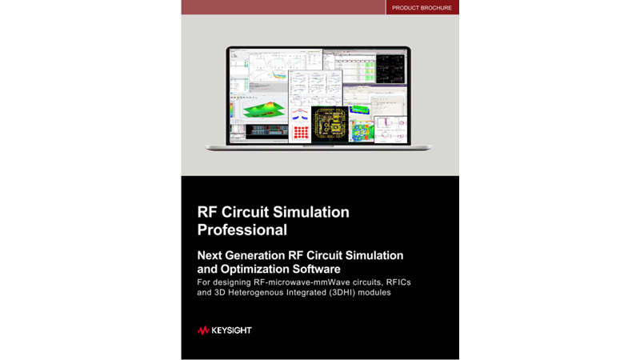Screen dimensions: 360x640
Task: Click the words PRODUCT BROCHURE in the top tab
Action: pos(422,8)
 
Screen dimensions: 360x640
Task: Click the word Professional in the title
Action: pos(242,230)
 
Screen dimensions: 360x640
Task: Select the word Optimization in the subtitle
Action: pos(262,269)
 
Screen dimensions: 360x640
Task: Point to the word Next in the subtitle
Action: pos(211,255)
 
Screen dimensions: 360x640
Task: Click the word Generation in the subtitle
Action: pos(264,255)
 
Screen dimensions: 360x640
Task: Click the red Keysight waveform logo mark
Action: pos(203,330)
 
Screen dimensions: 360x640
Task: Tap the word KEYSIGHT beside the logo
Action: pos(231,330)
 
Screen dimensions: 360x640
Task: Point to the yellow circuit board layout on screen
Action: pos(330,125)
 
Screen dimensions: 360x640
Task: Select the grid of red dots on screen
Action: pos(301,132)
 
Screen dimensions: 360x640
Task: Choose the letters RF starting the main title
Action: pos(207,212)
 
